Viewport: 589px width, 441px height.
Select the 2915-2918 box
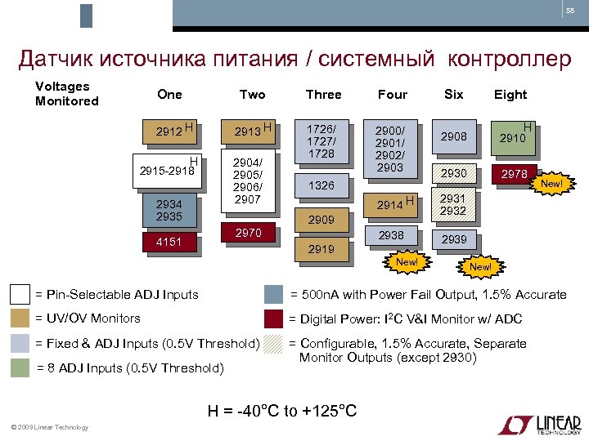[x=168, y=171]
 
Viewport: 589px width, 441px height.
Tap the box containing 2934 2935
[x=169, y=211]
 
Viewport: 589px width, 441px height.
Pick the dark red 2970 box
[x=249, y=234]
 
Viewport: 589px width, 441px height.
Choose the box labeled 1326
[x=321, y=185]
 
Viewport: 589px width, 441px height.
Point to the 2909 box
[x=321, y=220]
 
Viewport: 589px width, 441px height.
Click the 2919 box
[x=321, y=249]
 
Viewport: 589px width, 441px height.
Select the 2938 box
[x=391, y=235]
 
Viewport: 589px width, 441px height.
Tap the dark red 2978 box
[x=515, y=174]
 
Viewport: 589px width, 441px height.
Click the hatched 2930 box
[x=452, y=174]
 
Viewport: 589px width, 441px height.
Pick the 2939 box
[x=452, y=239]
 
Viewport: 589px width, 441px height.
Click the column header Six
[x=453, y=95]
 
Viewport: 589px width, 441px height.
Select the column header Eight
[x=510, y=95]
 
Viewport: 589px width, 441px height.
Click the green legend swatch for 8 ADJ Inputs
[x=20, y=368]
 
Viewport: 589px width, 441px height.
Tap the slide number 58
[x=570, y=11]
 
